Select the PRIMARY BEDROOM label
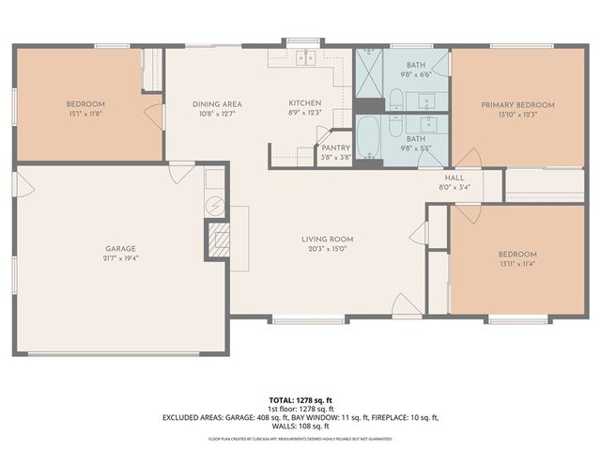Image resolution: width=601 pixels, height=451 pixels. click(517, 104)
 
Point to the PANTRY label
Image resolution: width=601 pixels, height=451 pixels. click(335, 148)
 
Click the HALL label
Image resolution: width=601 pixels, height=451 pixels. click(455, 177)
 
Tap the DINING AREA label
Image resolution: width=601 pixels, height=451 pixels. click(216, 104)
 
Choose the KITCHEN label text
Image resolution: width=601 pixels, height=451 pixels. click(305, 102)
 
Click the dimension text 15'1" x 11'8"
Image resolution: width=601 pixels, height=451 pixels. click(85, 113)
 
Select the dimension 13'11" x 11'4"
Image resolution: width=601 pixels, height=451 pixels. click(517, 264)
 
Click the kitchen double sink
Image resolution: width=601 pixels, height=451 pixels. click(304, 57)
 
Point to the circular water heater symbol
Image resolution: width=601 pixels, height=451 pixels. click(214, 204)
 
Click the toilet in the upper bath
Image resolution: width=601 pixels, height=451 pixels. click(396, 100)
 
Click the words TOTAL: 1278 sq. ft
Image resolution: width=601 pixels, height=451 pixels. click(300, 399)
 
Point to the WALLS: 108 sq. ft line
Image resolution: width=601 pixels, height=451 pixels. click(300, 426)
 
